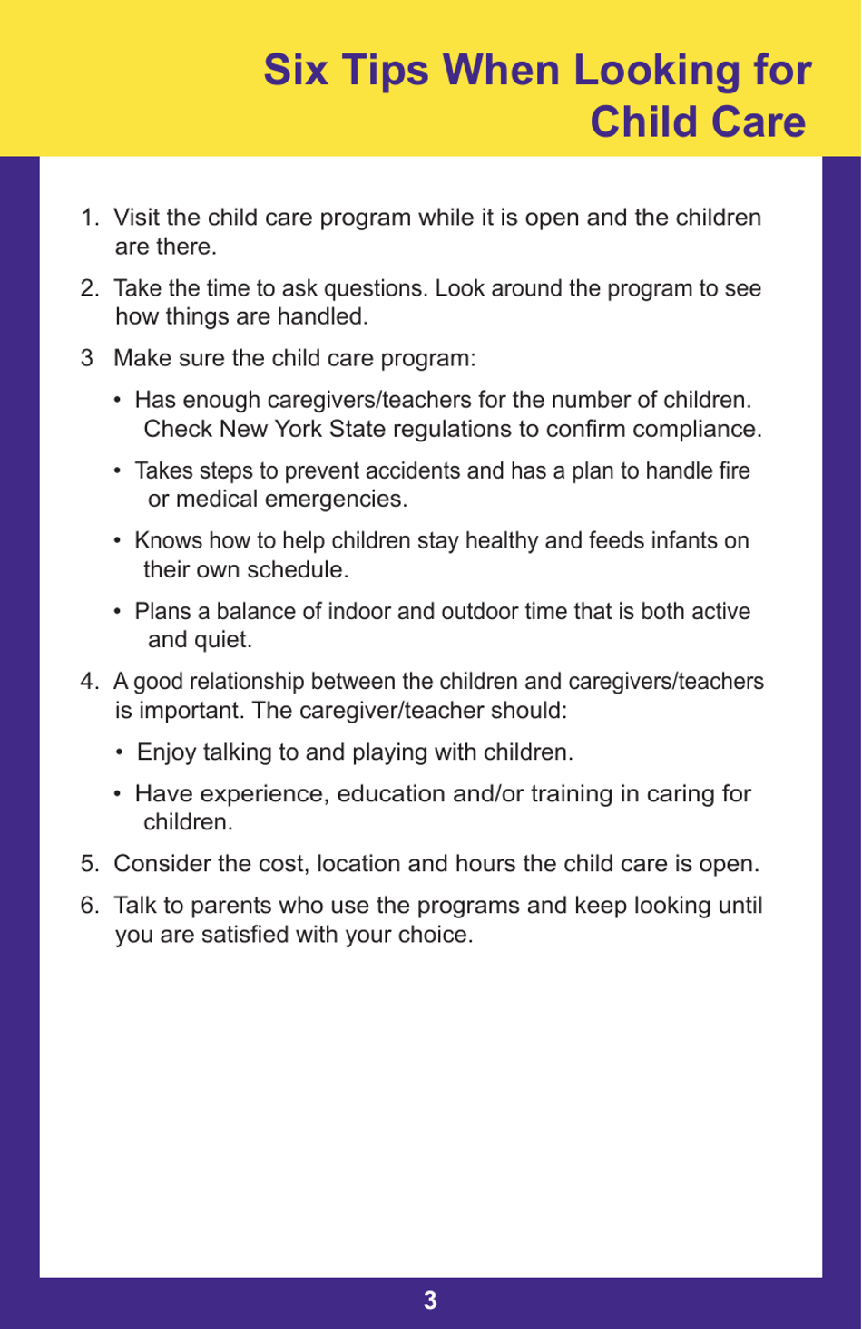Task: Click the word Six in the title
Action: pos(295,71)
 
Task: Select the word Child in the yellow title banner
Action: pos(648,122)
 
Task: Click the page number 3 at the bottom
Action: pos(430,1301)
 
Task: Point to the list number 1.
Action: pos(88,218)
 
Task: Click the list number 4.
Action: pos(88,682)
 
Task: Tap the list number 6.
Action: pos(88,906)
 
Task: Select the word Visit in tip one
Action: pos(136,218)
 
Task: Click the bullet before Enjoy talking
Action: pos(120,752)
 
